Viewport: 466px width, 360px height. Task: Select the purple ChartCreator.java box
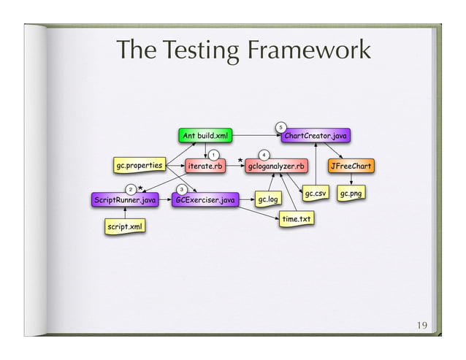[316, 136]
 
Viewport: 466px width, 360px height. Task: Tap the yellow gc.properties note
[139, 166]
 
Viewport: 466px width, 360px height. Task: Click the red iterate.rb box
[205, 166]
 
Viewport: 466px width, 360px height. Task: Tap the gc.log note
[268, 199]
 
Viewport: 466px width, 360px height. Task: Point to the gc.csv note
[316, 194]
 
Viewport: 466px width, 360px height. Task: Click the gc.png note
[352, 194]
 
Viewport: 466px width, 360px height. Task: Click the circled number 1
[212, 155]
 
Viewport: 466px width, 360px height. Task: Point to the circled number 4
[262, 155]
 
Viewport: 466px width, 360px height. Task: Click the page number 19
[422, 325]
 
